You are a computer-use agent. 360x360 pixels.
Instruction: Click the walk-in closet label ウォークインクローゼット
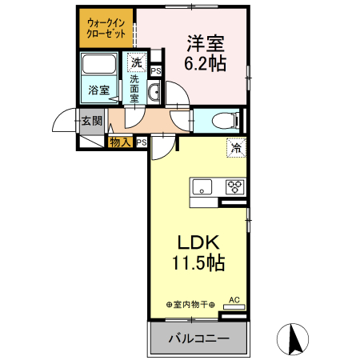pos(106,30)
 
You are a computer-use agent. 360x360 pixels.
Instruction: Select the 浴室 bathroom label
pos(98,90)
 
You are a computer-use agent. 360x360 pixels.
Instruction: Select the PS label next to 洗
pos(155,70)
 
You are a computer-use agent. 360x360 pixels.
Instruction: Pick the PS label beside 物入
pos(142,142)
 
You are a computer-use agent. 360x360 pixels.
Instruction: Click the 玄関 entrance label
pos(91,121)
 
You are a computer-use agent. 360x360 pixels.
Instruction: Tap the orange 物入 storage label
pos(120,142)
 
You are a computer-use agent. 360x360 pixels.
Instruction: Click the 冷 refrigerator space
pos(236,147)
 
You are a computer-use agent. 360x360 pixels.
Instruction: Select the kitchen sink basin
pos(202,188)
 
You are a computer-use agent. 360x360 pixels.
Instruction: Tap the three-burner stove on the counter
pos(234,188)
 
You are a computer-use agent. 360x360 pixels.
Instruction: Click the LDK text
pos(198,243)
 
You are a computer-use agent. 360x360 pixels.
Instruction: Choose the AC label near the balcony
pos(235,300)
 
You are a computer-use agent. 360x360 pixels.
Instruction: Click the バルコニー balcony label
pos(198,338)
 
